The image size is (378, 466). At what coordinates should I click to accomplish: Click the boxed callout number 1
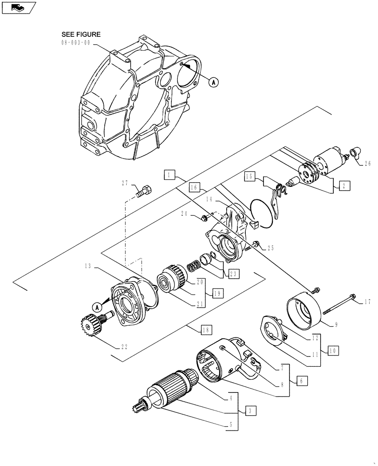[169, 175]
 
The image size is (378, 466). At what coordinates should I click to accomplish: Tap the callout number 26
[368, 164]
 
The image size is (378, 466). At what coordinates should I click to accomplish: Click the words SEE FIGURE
[81, 34]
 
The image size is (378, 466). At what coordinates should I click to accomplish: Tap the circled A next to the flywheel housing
[213, 82]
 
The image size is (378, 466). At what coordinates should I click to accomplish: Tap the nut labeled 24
[204, 218]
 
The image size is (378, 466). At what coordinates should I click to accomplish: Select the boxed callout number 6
[301, 381]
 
